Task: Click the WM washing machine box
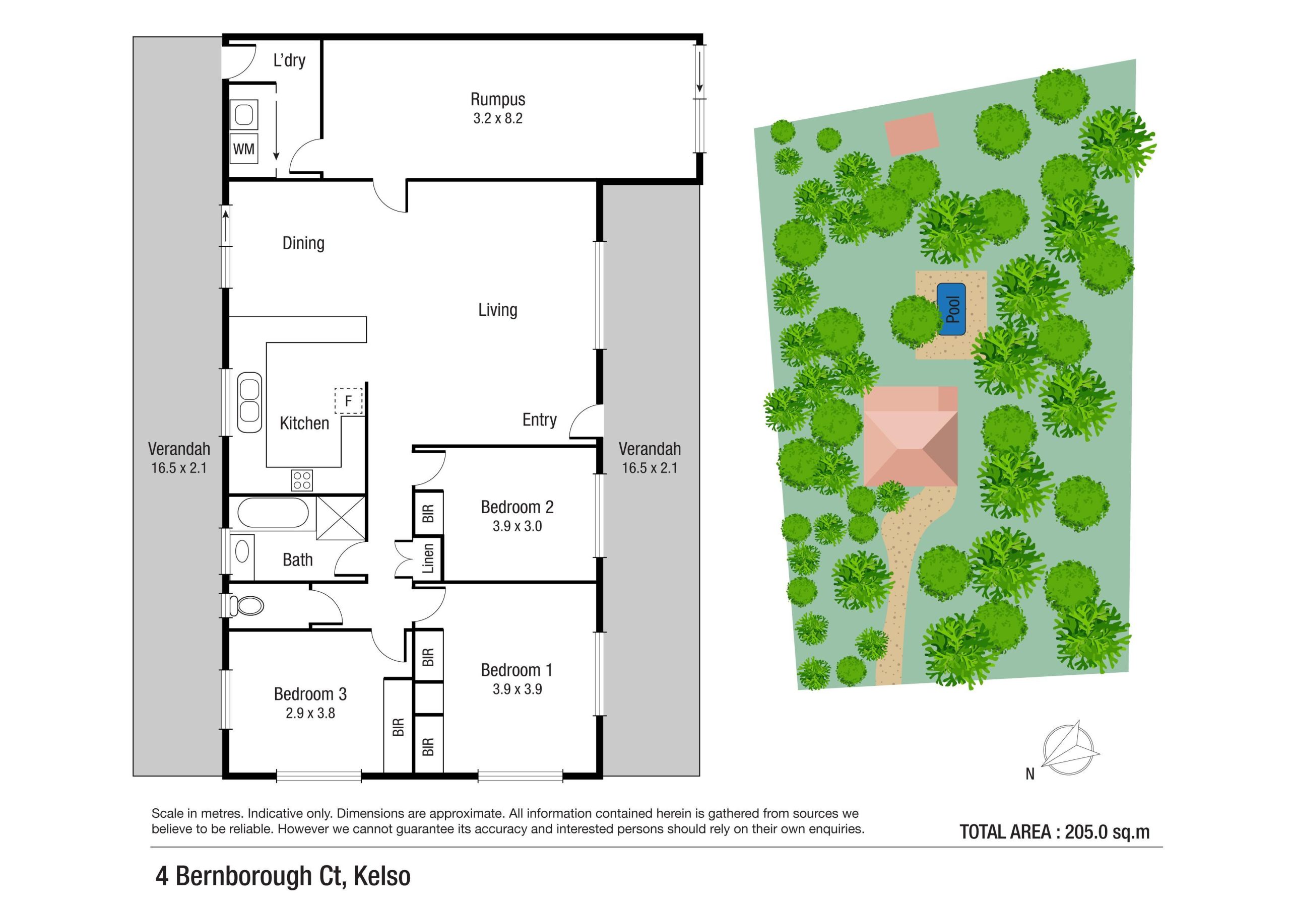click(244, 149)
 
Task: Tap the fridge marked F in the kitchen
click(348, 401)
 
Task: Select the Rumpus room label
click(498, 99)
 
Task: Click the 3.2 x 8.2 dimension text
click(498, 118)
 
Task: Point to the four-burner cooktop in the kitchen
click(302, 480)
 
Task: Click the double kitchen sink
click(249, 401)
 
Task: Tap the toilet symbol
click(247, 605)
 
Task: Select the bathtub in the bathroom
click(273, 513)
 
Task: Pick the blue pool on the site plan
click(951, 309)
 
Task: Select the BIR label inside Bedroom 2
click(428, 513)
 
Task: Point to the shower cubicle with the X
click(341, 517)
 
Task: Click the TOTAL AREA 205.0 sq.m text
click(1054, 832)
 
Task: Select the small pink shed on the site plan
click(912, 133)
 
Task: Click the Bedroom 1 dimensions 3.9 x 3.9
click(517, 689)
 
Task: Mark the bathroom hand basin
click(242, 551)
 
